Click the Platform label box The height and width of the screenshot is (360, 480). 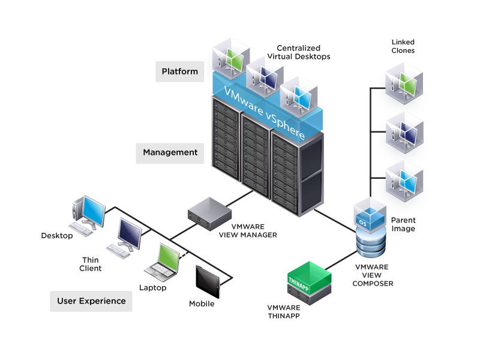pyautogui.click(x=179, y=72)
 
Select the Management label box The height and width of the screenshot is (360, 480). pyautogui.click(x=170, y=152)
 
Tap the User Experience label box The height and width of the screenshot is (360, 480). pyautogui.click(x=91, y=301)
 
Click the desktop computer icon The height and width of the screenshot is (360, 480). pyautogui.click(x=88, y=214)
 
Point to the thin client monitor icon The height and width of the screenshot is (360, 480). pyautogui.click(x=127, y=237)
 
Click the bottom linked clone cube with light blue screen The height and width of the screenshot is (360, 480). pyautogui.click(x=404, y=178)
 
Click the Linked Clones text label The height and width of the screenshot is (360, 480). pyautogui.click(x=403, y=46)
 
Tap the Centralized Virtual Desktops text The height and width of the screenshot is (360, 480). pyautogui.click(x=303, y=52)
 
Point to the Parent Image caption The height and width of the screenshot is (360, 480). pyautogui.click(x=403, y=224)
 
